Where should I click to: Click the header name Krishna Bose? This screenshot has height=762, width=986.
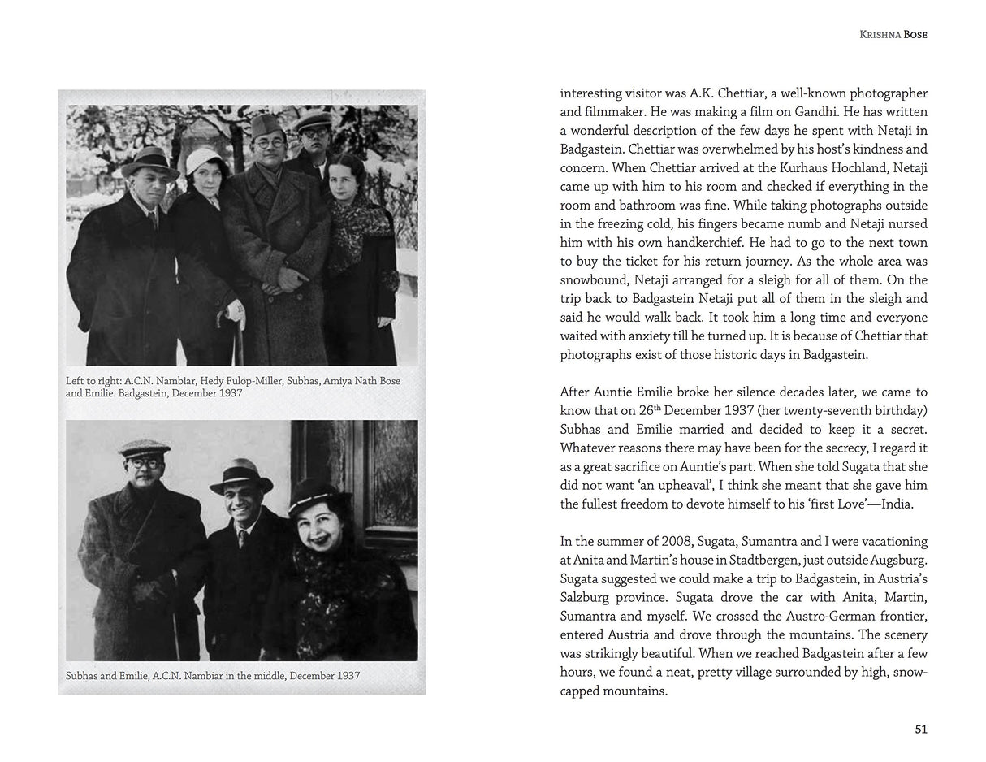click(x=893, y=35)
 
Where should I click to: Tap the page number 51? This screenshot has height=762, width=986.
click(x=920, y=729)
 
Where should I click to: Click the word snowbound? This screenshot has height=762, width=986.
click(x=592, y=280)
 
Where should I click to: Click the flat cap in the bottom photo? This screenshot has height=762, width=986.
click(x=144, y=448)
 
